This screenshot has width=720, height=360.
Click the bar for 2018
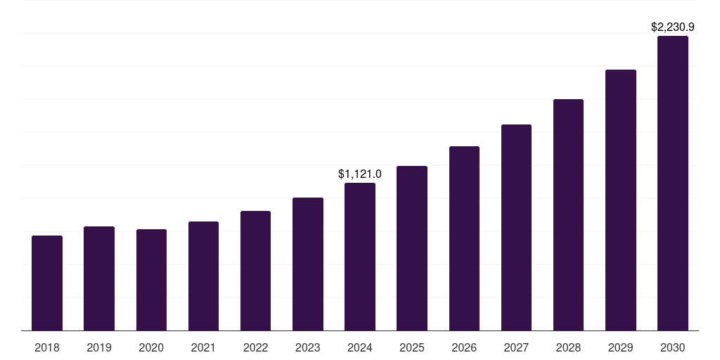[47, 283]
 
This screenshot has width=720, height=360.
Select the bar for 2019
[99, 278]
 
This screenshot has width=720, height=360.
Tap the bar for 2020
[151, 280]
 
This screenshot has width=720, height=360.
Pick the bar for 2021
[203, 276]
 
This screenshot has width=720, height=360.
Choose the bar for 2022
[255, 271]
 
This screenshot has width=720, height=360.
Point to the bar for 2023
[308, 264]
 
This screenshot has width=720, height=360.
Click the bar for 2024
[360, 257]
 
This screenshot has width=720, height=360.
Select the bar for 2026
[464, 238]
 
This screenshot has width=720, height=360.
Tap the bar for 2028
[568, 214]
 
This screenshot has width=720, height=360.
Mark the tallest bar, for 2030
[673, 183]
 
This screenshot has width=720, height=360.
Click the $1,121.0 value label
[360, 174]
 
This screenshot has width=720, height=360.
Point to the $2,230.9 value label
[673, 27]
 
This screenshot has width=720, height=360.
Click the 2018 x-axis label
[47, 347]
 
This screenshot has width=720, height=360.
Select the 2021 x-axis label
[203, 347]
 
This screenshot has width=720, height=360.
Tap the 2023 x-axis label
[308, 347]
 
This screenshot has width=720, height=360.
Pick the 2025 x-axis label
[412, 347]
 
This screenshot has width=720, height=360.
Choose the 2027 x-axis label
[516, 347]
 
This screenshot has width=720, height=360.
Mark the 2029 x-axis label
[621, 347]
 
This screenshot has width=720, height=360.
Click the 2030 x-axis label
[673, 347]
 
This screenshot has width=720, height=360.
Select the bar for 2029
[621, 200]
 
